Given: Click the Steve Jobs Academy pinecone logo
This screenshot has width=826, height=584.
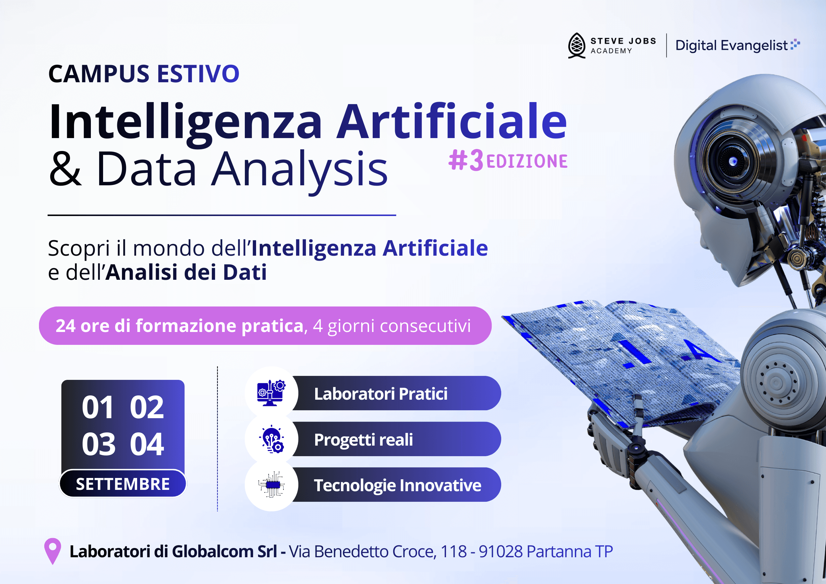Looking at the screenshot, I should pos(576,45).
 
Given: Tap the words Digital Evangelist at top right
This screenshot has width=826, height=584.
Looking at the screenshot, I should pos(732,46).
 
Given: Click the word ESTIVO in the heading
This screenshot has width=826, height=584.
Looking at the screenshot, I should pos(198,74).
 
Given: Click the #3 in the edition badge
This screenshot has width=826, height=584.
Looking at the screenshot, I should pos(466,161).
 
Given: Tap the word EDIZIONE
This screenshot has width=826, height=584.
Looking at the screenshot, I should pos(527,162).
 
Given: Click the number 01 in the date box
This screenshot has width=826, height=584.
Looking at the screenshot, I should pos(98,407).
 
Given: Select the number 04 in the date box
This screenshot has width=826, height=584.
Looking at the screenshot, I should pos(147,445).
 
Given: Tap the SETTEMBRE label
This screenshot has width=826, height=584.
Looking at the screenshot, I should pos(123,484).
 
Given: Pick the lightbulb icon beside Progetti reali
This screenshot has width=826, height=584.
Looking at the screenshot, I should pos(272,439).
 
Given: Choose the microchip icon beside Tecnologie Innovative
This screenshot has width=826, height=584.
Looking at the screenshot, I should pos(272,485).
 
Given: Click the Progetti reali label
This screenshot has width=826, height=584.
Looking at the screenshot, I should pos(363,439).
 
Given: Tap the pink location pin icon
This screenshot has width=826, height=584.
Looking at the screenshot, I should pos(53,550).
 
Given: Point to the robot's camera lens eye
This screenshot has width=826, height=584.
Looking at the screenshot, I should pos(732,162).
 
